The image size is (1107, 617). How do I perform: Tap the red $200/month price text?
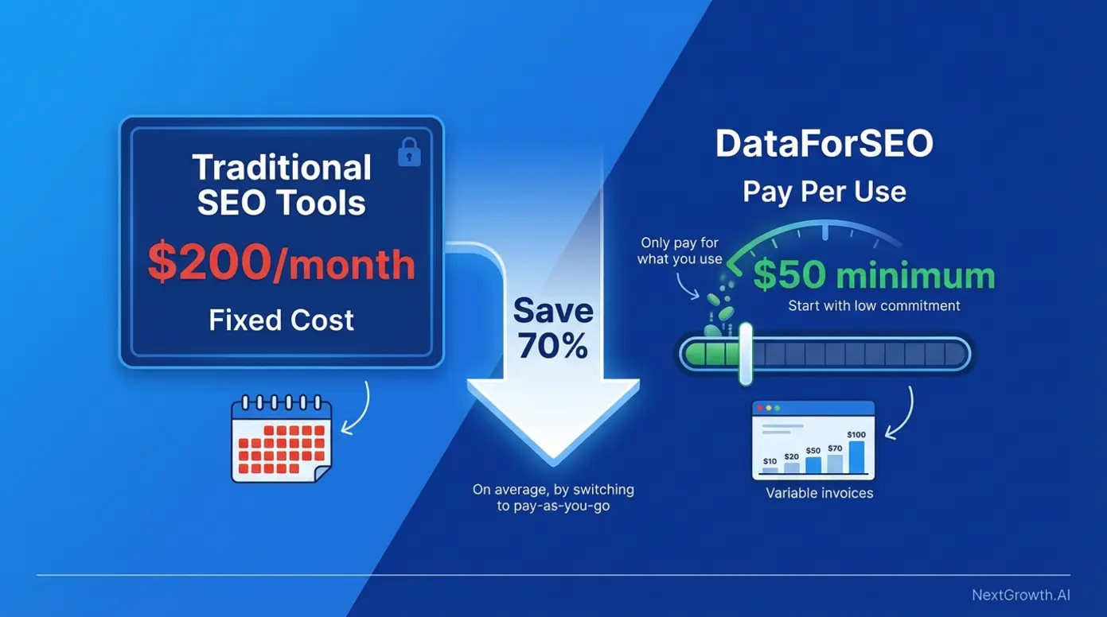[x=282, y=264]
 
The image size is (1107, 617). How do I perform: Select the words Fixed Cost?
[x=282, y=320]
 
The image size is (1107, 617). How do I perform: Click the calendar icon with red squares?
[x=281, y=438]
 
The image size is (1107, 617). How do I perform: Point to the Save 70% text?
[x=552, y=328]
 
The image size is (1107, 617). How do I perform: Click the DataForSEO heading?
[x=824, y=145]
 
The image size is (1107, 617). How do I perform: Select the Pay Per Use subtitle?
[x=824, y=192]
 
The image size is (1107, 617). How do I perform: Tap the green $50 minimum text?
[x=874, y=276]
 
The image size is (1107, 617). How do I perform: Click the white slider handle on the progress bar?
[x=746, y=354]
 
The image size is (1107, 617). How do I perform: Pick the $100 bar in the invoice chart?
[x=856, y=456]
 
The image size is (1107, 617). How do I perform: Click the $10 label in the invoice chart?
[x=770, y=461]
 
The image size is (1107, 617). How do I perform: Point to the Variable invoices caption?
[x=819, y=494]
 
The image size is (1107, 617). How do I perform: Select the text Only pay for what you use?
[x=680, y=250]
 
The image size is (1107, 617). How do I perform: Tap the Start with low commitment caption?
[x=874, y=306]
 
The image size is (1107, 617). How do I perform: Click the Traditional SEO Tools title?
[x=282, y=185]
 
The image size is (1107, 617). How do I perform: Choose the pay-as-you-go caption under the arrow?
[x=553, y=498]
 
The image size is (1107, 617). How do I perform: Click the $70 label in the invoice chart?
[x=834, y=448]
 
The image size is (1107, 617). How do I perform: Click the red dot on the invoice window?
[x=760, y=408]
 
